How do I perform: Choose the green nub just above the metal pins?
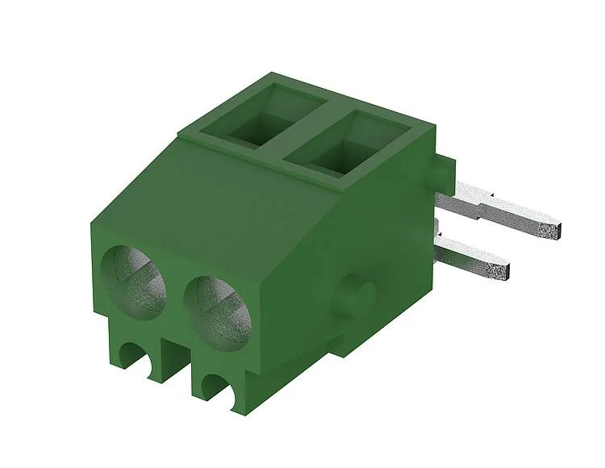click(x=440, y=170)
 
